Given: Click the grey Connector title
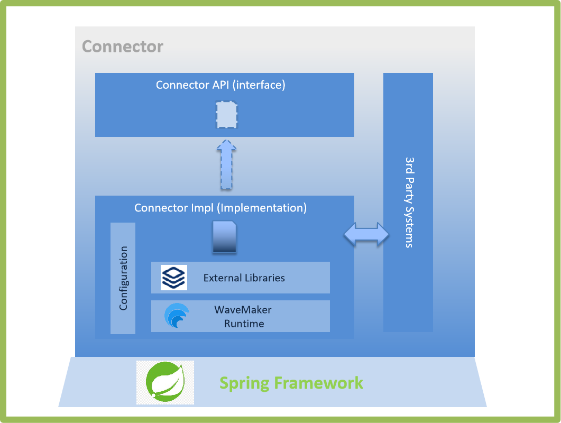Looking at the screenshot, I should [123, 47].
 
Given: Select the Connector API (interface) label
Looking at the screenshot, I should [220, 85].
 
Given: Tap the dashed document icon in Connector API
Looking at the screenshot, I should [226, 115].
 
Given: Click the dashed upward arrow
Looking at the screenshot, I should [226, 165].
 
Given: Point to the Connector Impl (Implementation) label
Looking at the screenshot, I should [220, 208].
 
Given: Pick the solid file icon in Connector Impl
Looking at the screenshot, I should [224, 237].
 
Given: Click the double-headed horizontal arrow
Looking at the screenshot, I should [366, 234].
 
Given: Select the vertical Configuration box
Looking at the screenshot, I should [123, 278].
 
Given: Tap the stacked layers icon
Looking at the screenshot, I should [174, 278].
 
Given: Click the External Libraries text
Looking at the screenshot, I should [244, 278].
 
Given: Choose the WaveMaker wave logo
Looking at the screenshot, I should [176, 316].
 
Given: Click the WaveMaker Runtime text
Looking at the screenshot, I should [244, 316].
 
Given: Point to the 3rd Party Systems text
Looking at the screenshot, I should [409, 202].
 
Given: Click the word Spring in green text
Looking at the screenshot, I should [244, 383].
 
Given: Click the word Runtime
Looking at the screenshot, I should [244, 324].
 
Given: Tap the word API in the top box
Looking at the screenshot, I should [220, 85].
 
